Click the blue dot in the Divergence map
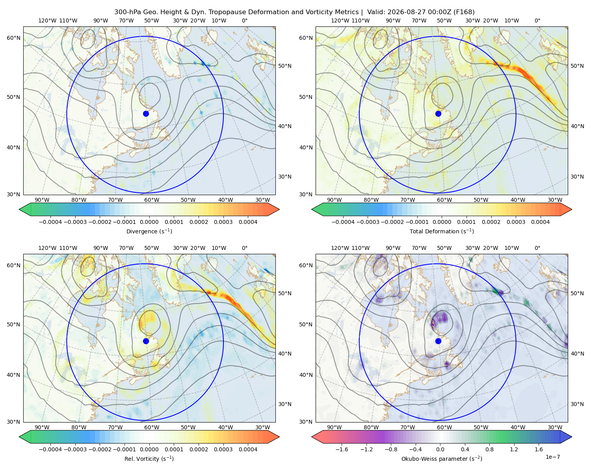coord(146,114)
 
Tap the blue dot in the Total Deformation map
coord(438,114)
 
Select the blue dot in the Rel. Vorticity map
coord(146,341)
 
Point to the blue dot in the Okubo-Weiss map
coord(438,341)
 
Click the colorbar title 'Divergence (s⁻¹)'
coord(149,231)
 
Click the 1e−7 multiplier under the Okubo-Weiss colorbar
coord(552,457)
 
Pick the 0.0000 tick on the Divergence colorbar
coord(149,222)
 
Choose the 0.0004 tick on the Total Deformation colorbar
coord(540,222)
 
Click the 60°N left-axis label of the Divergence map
coord(13,38)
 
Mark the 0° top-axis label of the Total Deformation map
coord(537,20)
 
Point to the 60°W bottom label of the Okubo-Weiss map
coord(444,427)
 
